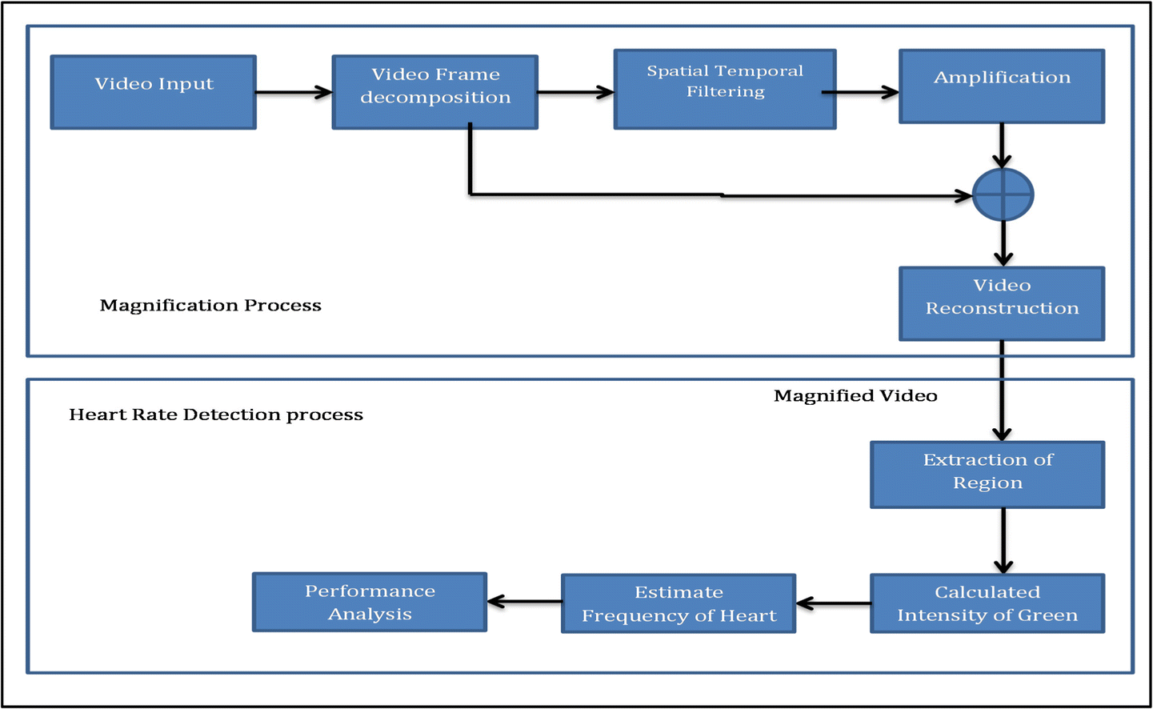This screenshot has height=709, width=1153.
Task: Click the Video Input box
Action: [154, 92]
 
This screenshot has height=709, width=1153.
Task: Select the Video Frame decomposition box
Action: [434, 92]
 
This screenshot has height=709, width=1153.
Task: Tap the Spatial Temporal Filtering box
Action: [725, 89]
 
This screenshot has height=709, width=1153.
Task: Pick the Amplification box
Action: [1002, 86]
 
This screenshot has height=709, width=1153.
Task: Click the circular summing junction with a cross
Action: [1003, 195]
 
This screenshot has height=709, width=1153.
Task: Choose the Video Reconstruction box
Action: [1002, 303]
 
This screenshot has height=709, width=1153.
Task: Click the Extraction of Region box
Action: [987, 475]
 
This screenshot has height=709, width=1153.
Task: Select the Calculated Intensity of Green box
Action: [987, 603]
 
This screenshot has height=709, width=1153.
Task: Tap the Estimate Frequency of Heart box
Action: [679, 603]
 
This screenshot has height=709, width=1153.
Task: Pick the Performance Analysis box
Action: [370, 602]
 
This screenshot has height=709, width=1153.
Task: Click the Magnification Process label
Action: [210, 306]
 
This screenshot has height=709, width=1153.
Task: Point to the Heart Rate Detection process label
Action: [216, 415]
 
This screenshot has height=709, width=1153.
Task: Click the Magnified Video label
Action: [855, 396]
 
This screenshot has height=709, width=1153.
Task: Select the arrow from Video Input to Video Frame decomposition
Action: [294, 93]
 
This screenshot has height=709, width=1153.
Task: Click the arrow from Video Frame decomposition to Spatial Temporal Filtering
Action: [575, 93]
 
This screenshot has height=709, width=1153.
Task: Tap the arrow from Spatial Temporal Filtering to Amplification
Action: [861, 93]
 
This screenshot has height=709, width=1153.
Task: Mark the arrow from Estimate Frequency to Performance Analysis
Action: [524, 602]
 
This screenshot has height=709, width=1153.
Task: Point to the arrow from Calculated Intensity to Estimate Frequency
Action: [833, 603]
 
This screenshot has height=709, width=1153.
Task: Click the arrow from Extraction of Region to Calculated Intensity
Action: [1003, 540]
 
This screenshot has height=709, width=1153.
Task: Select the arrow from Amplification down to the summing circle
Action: [1002, 145]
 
